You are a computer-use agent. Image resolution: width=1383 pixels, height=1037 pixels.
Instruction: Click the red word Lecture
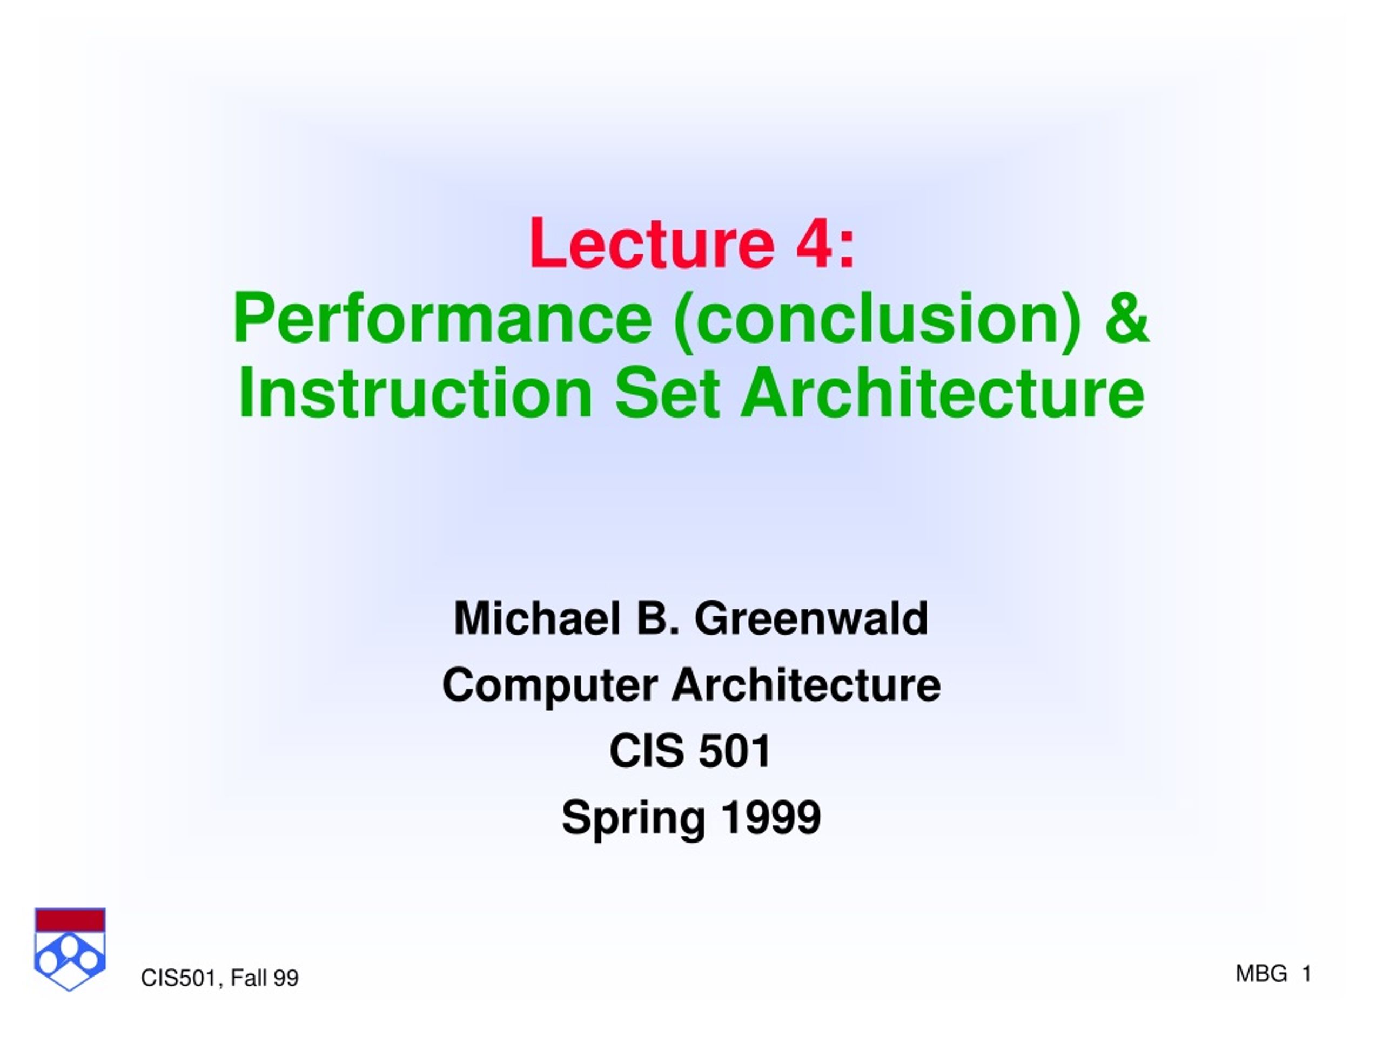click(x=652, y=243)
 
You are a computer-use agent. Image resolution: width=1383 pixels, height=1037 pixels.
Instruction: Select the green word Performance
click(x=442, y=318)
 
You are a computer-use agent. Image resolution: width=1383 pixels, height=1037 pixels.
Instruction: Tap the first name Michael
click(x=538, y=618)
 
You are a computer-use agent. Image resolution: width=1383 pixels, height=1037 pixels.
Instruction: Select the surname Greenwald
click(x=811, y=618)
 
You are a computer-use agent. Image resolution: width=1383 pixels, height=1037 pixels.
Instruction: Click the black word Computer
click(x=550, y=685)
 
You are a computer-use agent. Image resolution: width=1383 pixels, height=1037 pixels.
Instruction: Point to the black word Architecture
click(x=807, y=685)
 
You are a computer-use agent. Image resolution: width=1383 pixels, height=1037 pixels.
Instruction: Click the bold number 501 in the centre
click(x=735, y=751)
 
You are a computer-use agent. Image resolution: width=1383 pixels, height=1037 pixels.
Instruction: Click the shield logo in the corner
click(x=70, y=949)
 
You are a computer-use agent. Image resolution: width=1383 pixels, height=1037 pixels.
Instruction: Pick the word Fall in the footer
click(x=249, y=978)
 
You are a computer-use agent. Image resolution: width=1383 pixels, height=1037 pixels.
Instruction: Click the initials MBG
click(x=1261, y=974)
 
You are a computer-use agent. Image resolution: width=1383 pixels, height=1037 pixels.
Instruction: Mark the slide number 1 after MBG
click(x=1306, y=974)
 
